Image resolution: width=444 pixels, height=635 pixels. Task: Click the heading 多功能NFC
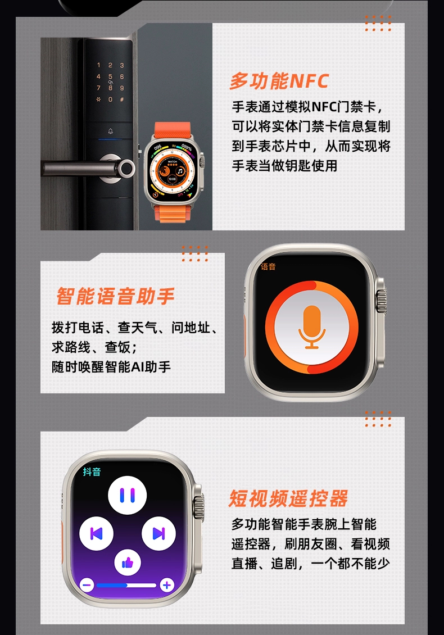[279, 81]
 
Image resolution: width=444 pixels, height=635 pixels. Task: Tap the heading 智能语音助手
[115, 296]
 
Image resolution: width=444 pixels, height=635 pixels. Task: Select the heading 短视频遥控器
[288, 498]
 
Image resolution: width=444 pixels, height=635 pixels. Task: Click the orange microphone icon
[312, 327]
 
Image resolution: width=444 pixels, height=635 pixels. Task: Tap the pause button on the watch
[127, 495]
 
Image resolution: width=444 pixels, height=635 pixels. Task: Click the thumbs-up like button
[127, 563]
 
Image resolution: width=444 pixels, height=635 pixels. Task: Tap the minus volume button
[87, 585]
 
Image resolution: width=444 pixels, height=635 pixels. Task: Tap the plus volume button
[167, 585]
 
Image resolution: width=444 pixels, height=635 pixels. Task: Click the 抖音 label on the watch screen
[92, 472]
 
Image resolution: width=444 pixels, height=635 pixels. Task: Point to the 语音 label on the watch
[268, 266]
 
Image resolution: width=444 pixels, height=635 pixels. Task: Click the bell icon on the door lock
[110, 131]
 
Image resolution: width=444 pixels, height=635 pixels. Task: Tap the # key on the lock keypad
[122, 99]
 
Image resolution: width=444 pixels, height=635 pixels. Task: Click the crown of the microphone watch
[381, 301]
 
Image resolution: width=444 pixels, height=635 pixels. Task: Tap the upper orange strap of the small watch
[173, 131]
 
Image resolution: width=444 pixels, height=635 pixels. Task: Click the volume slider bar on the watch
[126, 585]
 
